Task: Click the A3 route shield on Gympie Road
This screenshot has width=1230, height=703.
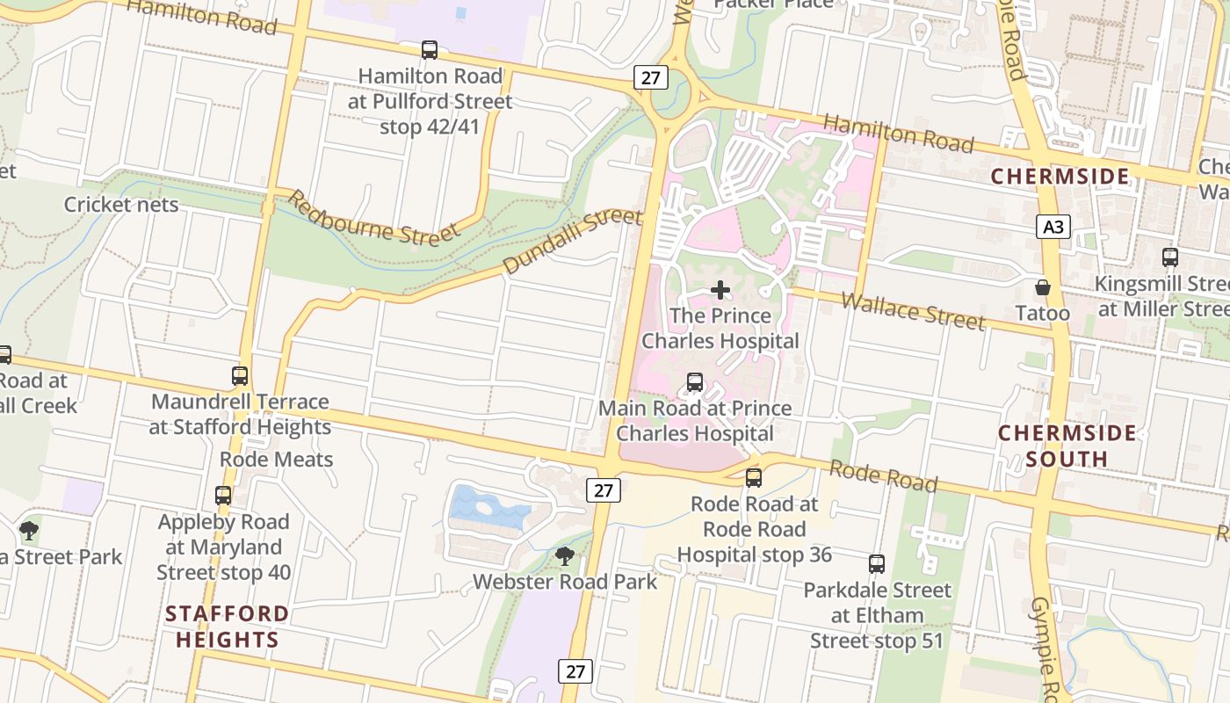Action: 1053,228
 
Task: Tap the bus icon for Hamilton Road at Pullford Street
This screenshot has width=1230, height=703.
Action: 430,50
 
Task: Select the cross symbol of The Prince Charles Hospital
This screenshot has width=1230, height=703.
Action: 720,290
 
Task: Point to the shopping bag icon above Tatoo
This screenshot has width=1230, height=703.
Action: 1043,287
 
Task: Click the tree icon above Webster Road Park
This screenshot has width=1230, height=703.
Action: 565,555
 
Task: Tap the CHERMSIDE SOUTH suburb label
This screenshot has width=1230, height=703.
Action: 1067,446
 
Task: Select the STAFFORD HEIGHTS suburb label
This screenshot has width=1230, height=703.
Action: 227,626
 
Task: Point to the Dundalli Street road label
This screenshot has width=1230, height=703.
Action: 572,241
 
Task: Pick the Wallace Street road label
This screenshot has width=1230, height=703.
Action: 913,311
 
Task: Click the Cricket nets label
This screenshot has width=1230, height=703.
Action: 121,205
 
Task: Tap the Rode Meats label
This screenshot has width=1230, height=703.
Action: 276,459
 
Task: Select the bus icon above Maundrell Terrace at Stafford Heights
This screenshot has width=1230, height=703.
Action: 240,376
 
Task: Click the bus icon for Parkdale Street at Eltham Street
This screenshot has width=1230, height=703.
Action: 877,564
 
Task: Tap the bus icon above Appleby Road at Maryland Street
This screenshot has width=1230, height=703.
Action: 223,496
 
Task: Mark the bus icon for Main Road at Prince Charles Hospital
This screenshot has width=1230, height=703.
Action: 695,382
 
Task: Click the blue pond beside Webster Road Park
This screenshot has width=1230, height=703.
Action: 488,507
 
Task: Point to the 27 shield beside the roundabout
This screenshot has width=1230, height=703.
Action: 650,78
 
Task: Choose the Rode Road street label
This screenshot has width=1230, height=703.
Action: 883,475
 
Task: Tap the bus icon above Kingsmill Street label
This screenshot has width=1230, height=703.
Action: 1169,257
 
